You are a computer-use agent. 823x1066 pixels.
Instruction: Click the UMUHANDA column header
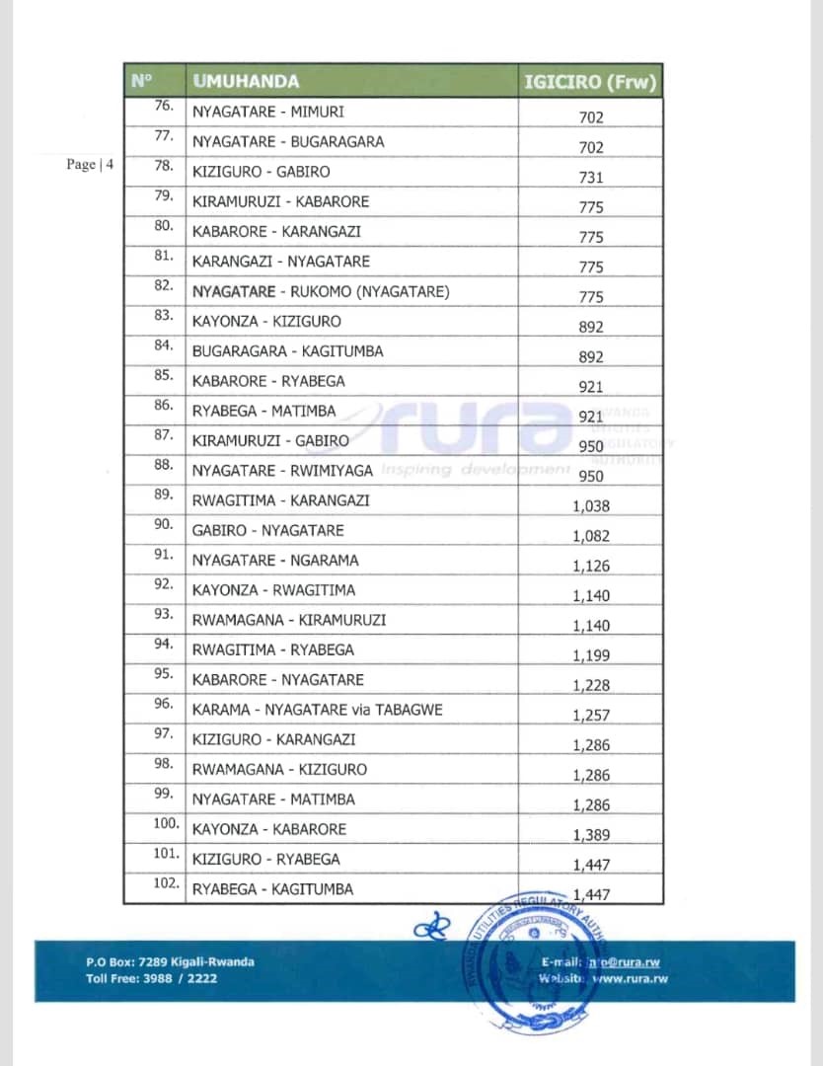(x=247, y=82)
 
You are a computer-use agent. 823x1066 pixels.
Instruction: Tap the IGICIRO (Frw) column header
(x=590, y=82)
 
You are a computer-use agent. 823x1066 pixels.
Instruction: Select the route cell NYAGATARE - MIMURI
(x=268, y=113)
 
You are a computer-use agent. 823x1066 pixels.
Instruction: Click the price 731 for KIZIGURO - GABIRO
(x=591, y=178)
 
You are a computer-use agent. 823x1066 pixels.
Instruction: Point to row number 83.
(x=164, y=316)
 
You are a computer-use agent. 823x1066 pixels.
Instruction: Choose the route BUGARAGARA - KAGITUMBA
(x=287, y=351)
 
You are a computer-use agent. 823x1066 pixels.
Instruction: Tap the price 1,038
(x=591, y=506)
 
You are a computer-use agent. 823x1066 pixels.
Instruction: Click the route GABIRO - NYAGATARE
(x=267, y=530)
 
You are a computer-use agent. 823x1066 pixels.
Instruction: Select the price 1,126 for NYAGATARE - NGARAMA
(x=591, y=566)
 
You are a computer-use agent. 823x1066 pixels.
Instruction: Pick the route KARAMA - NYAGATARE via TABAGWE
(x=317, y=710)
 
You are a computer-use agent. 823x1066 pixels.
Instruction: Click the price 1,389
(x=591, y=835)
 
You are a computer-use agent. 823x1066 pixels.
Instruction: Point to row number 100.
(x=166, y=823)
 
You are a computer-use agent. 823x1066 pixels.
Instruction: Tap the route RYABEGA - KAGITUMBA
(x=272, y=889)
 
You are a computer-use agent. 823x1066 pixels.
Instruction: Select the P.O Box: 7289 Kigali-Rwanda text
(x=170, y=961)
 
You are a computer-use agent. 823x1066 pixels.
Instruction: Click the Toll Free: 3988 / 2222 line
(x=151, y=978)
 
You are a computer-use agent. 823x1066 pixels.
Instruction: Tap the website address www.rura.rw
(x=626, y=978)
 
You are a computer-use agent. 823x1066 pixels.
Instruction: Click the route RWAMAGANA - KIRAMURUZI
(x=289, y=620)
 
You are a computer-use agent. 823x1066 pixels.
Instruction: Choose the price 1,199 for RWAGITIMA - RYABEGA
(x=591, y=655)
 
